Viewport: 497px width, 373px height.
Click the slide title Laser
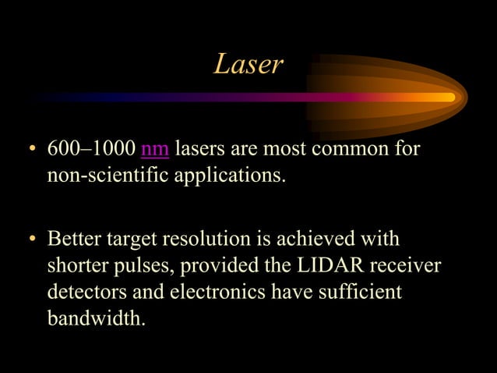[x=248, y=65]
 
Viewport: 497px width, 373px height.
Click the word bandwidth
[x=95, y=319]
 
